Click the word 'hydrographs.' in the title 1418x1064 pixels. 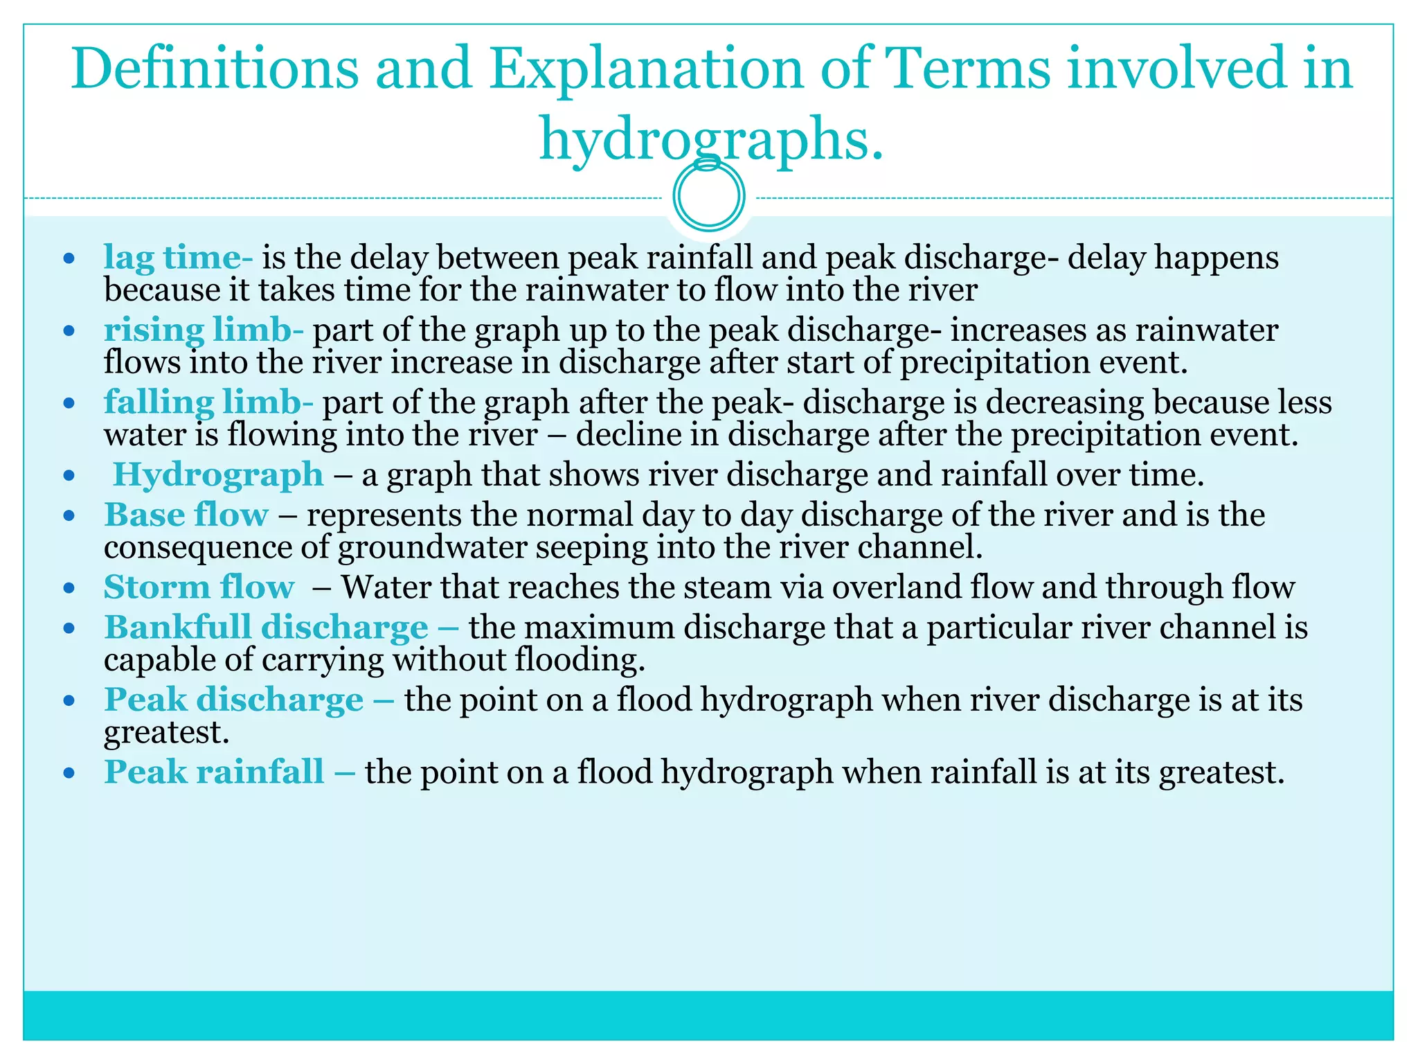[x=711, y=139]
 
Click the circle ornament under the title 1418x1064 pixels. [x=709, y=196]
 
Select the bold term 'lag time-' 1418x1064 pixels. [x=178, y=258]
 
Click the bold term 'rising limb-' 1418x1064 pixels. [x=204, y=330]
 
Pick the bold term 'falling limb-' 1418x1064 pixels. [x=208, y=402]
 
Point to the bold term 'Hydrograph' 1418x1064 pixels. [x=218, y=475]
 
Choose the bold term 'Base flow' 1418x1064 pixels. [x=186, y=515]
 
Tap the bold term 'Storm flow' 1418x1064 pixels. [x=199, y=587]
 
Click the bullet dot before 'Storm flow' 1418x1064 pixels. [x=69, y=589]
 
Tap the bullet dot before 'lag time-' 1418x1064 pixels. [x=69, y=259]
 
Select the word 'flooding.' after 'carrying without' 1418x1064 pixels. [x=580, y=659]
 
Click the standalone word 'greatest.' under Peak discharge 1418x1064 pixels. [x=166, y=732]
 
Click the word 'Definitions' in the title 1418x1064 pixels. [x=215, y=69]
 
